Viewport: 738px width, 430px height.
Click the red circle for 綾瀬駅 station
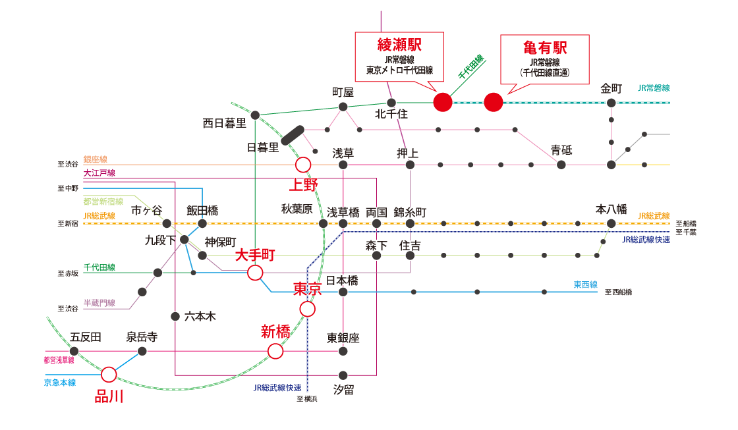tap(443, 102)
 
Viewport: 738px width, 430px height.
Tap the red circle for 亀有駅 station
tap(494, 102)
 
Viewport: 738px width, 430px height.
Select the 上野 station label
tap(303, 184)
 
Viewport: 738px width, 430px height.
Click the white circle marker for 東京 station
tap(307, 309)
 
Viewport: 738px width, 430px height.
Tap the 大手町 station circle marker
tap(255, 273)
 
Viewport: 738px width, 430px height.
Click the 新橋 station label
tap(275, 332)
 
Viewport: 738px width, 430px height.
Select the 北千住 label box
tap(392, 113)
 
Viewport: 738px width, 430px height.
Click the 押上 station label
tap(407, 153)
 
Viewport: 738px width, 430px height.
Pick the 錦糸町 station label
tap(411, 213)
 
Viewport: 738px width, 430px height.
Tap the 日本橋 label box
tap(343, 280)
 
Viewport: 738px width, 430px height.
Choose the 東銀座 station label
tap(343, 338)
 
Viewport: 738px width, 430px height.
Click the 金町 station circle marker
tap(611, 103)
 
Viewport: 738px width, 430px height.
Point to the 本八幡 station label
tap(611, 209)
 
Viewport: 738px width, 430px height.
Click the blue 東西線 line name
tap(585, 284)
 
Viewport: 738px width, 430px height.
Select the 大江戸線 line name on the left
tap(99, 173)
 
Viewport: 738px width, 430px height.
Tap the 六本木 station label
tap(200, 316)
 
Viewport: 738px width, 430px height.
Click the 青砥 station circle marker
tap(561, 165)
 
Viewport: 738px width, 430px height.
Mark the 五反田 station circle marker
tap(74, 351)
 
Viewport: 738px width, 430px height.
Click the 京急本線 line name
tap(60, 382)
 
